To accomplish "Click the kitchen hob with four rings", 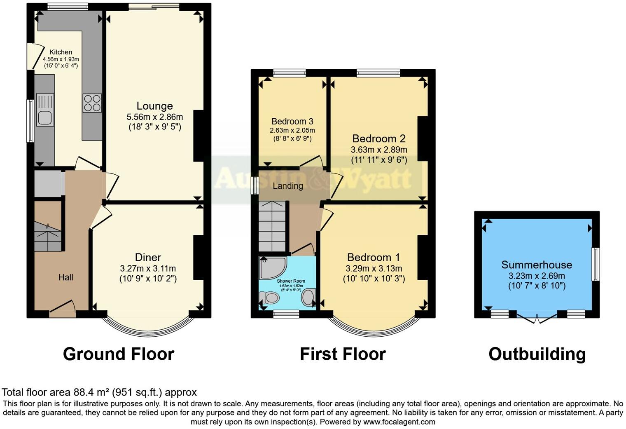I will pyautogui.click(x=92, y=103).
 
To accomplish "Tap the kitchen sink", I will pyautogui.click(x=44, y=110).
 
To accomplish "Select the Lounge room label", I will pyautogui.click(x=154, y=106).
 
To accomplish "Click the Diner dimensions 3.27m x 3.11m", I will pyautogui.click(x=148, y=268).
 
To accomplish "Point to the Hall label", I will pyautogui.click(x=65, y=277).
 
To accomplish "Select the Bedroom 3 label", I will pyautogui.click(x=292, y=121).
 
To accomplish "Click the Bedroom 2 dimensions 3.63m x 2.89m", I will pyautogui.click(x=379, y=150).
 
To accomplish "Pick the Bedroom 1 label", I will pyautogui.click(x=374, y=258).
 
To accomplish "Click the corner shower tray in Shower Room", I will pyautogui.click(x=271, y=267).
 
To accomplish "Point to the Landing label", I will pyautogui.click(x=288, y=186).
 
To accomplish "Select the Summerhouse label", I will pyautogui.click(x=536, y=265).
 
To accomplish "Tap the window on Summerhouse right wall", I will pyautogui.click(x=595, y=264).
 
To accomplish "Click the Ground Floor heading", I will pyautogui.click(x=119, y=354).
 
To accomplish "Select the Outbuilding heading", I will pyautogui.click(x=537, y=354).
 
